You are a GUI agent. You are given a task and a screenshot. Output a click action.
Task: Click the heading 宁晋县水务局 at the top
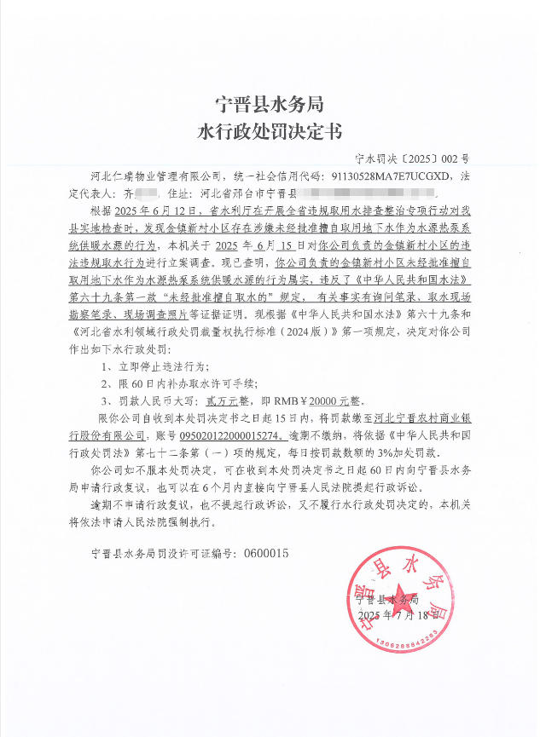click(270, 105)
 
